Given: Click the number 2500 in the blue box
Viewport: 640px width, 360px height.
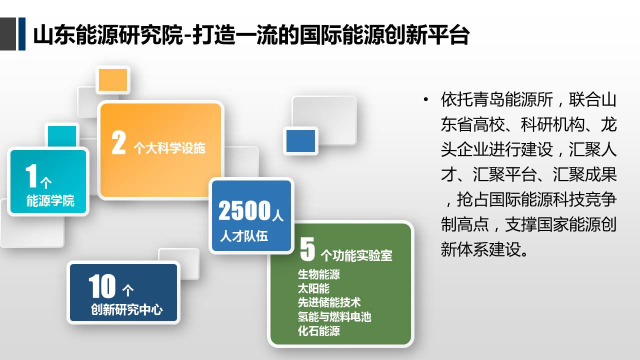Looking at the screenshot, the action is [x=244, y=210].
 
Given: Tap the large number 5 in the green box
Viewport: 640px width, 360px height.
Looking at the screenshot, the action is [x=307, y=249].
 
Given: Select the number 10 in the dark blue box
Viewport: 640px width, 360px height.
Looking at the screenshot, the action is [x=102, y=286].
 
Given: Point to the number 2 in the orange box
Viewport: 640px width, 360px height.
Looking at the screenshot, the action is [x=118, y=142].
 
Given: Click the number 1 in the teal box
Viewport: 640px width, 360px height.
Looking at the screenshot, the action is [x=31, y=175].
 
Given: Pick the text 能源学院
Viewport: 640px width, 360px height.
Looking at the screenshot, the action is [x=50, y=200].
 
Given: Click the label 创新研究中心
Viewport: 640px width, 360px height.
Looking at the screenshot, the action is [x=127, y=309].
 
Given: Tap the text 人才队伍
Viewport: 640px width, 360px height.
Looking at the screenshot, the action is [x=244, y=236].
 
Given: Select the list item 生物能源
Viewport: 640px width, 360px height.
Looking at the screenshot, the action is [x=319, y=274].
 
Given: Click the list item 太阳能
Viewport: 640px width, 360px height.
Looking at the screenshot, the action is [x=313, y=288].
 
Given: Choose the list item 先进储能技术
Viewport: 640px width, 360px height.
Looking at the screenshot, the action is [x=329, y=302].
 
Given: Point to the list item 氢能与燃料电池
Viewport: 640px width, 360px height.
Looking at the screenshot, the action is [x=334, y=317].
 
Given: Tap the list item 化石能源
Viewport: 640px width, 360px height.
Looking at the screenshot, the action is [x=319, y=331].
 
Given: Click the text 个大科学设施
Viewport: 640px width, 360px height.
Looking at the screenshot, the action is [x=169, y=148].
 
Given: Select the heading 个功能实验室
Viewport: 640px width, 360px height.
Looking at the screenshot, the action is [x=356, y=255].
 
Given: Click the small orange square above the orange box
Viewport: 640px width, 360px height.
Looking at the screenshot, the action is [x=113, y=80].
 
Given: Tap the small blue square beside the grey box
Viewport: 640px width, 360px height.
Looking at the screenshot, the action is [x=300, y=141].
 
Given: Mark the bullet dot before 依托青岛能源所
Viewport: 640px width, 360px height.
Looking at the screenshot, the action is [x=426, y=99].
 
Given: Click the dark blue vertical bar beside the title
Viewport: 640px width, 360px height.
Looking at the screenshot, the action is [x=22, y=34].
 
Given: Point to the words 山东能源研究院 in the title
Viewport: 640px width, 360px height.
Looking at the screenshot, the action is [x=108, y=35].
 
